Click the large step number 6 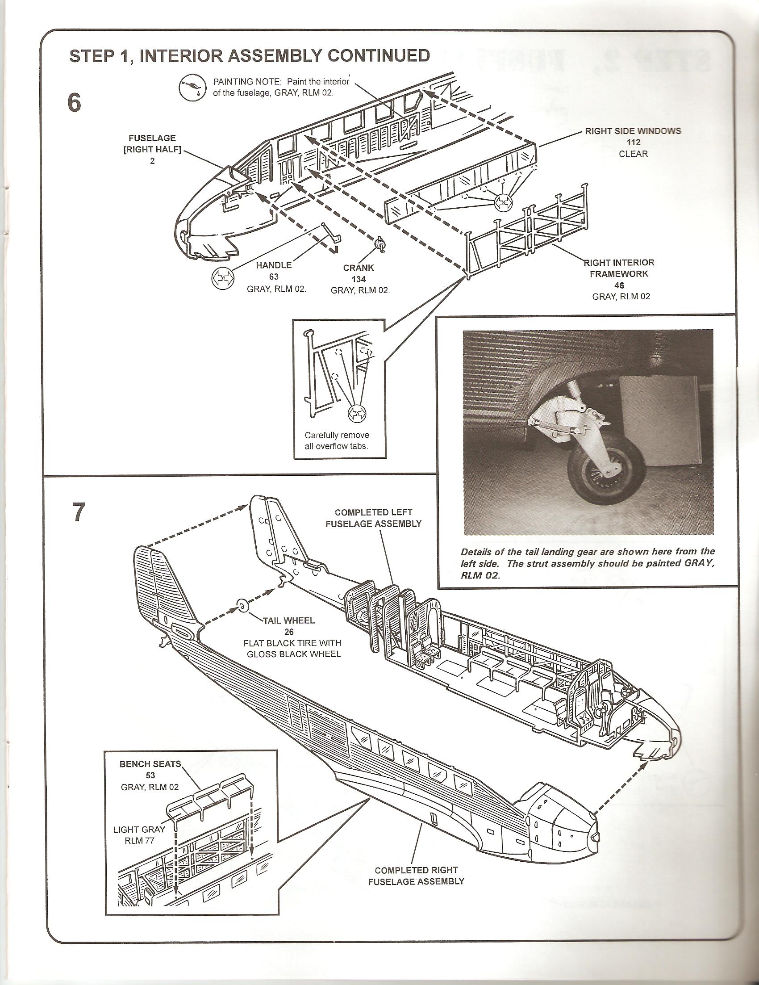tap(74, 103)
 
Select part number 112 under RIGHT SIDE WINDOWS tap(633, 143)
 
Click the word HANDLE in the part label tap(274, 266)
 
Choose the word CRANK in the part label tap(359, 268)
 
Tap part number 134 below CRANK tap(359, 279)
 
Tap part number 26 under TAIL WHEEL tap(289, 632)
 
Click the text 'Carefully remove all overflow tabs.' tap(337, 441)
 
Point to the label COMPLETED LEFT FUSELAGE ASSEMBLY tap(373, 518)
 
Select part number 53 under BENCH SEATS tap(150, 776)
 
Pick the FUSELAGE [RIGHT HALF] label tap(152, 150)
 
